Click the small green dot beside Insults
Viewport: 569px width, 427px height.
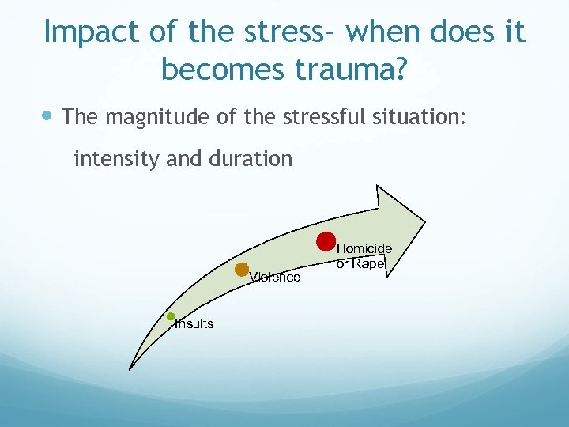[x=171, y=316]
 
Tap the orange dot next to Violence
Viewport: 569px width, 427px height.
[x=243, y=270]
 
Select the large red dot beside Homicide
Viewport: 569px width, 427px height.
[x=326, y=242]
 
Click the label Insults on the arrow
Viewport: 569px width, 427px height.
[x=194, y=324]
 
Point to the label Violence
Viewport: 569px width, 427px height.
[x=275, y=278]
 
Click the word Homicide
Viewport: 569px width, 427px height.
[x=364, y=249]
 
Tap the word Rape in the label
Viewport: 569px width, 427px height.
[x=367, y=264]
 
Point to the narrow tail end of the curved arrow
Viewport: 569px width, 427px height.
[x=130, y=368]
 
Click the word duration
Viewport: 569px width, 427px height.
[x=252, y=159]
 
